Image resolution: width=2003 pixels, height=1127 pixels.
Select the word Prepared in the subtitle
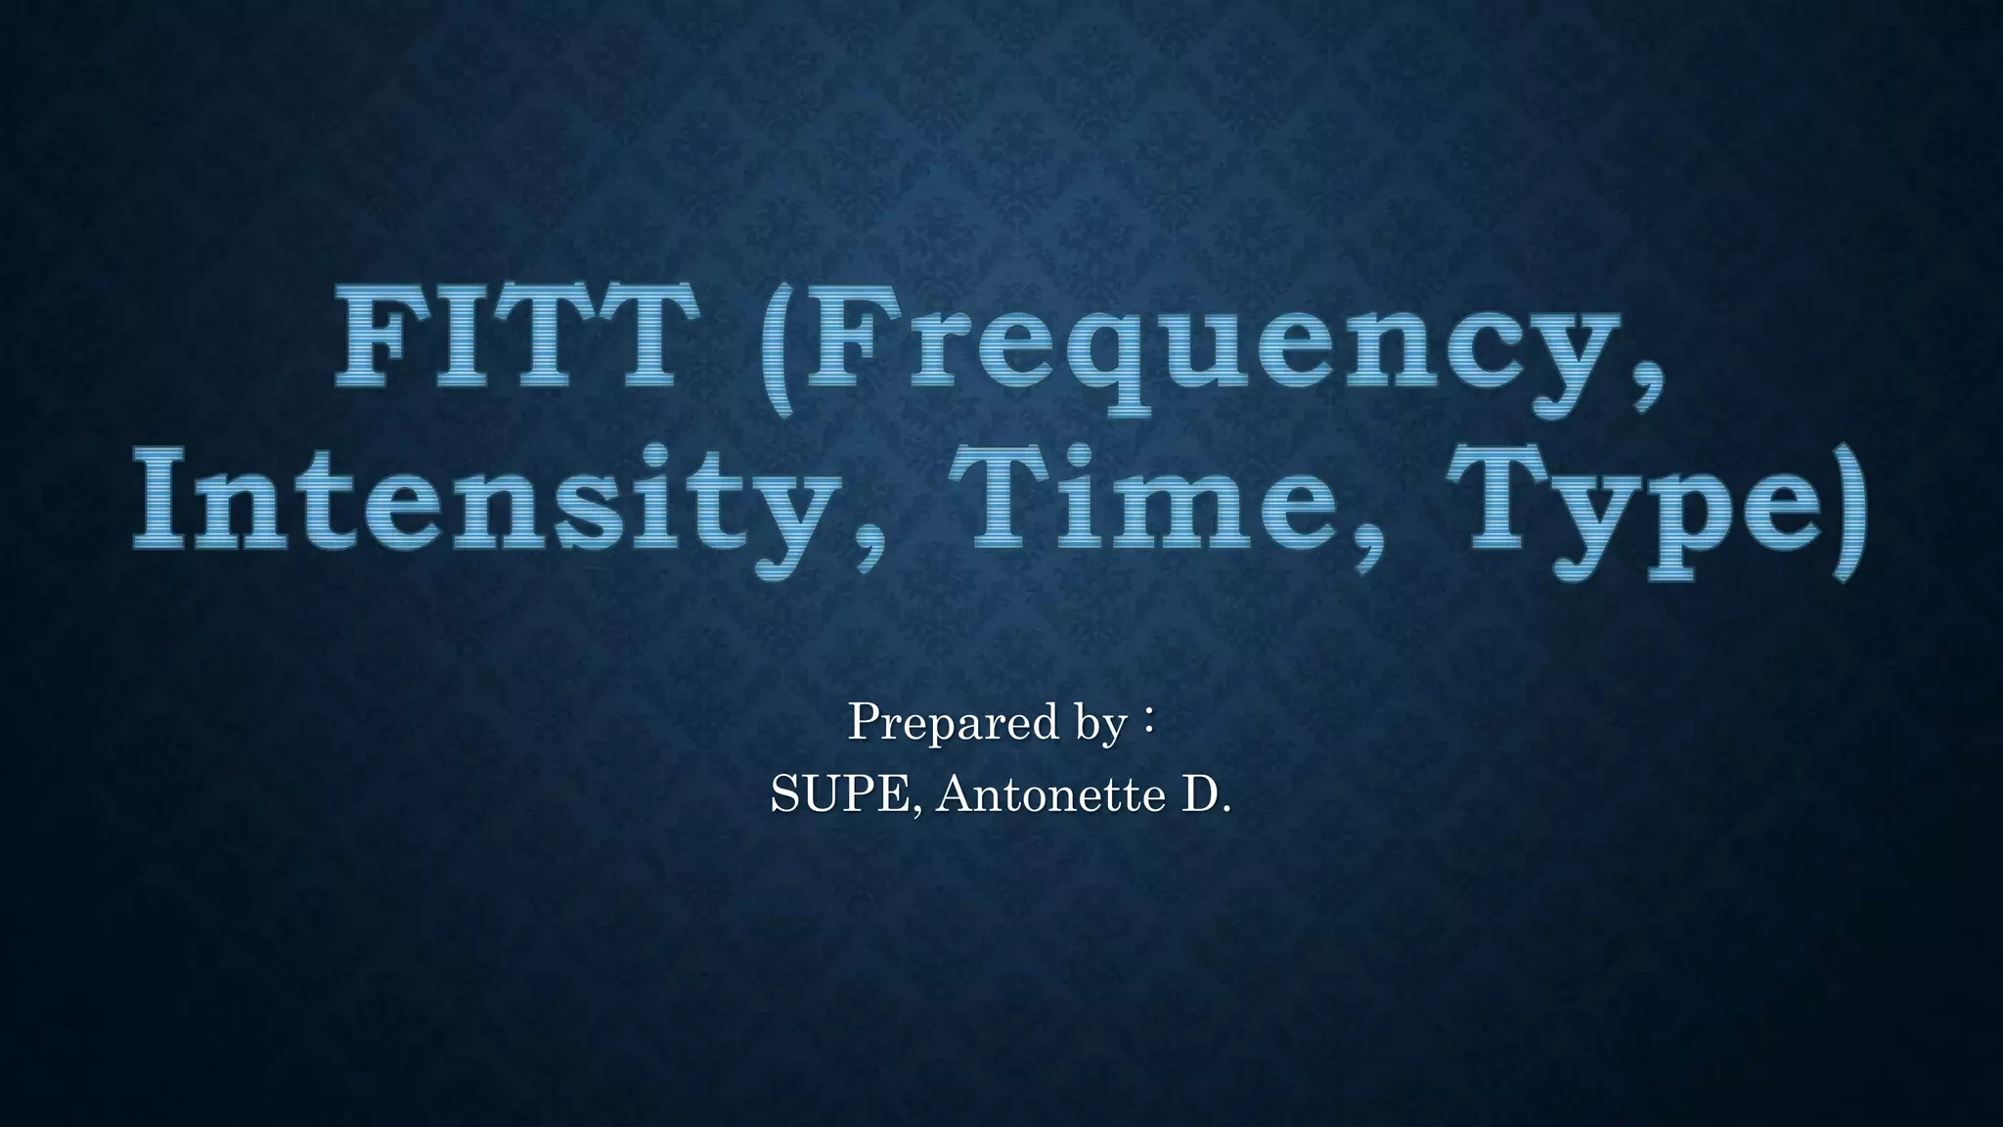954,724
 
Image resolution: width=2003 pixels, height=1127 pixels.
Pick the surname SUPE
840,794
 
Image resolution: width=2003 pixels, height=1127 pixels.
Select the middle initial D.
1205,794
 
